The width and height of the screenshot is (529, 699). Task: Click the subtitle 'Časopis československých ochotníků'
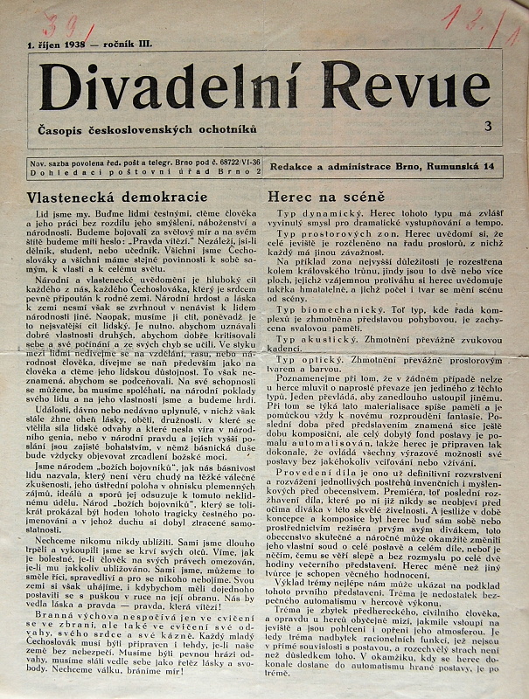[x=148, y=129]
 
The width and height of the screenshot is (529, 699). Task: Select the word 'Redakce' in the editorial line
[x=294, y=166]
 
